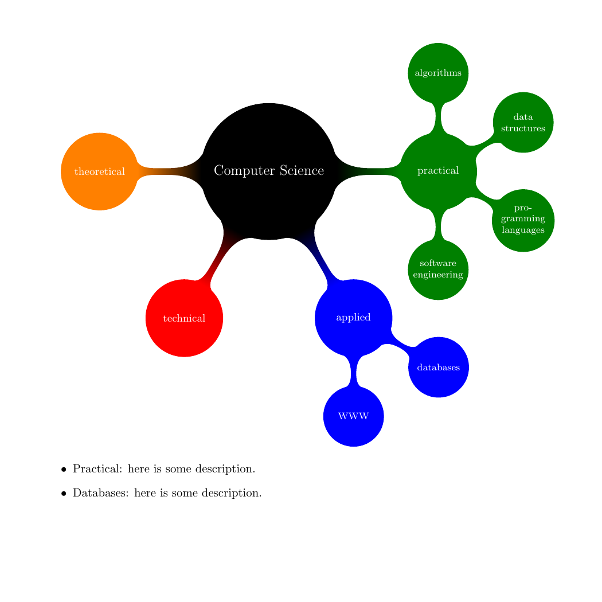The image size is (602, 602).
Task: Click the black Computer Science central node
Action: coord(269,171)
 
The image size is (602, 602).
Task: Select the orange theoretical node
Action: coord(100,171)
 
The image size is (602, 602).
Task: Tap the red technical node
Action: coord(184,318)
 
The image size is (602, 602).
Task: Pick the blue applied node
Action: coord(353,318)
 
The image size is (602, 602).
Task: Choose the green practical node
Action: coord(438,171)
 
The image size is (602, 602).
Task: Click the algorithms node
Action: coord(438,73)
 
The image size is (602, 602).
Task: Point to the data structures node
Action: coord(523,122)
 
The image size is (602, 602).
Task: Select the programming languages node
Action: coord(523,220)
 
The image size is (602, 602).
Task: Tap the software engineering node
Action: coord(438,269)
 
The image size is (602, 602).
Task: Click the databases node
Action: coord(439,367)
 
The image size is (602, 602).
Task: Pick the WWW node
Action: coord(353,416)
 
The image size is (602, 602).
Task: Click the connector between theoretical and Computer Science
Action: coord(169,171)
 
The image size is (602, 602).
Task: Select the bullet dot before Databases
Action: coord(64,494)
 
